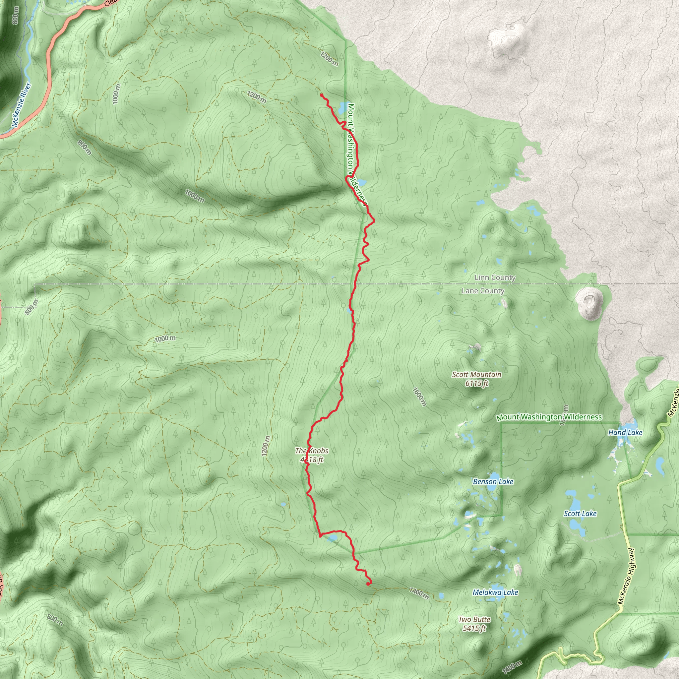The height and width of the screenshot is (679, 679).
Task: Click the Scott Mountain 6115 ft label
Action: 476,379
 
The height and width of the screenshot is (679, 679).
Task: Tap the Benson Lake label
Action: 493,481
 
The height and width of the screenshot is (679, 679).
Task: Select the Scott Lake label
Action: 580,514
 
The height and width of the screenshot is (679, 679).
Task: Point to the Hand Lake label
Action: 625,433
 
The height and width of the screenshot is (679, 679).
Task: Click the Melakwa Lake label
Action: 495,592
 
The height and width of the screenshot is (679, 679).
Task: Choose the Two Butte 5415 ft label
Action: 474,624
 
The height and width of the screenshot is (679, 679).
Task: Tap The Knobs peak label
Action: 312,455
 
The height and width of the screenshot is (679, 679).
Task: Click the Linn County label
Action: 495,278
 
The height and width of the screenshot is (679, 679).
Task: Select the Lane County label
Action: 483,291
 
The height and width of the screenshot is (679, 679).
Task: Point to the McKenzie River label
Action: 22,105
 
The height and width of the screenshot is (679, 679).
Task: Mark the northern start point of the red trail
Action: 322,94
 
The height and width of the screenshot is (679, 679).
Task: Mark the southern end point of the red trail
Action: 368,584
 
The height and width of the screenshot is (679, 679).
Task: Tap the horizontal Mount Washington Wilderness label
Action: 549,417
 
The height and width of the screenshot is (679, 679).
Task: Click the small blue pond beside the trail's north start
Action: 341,108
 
